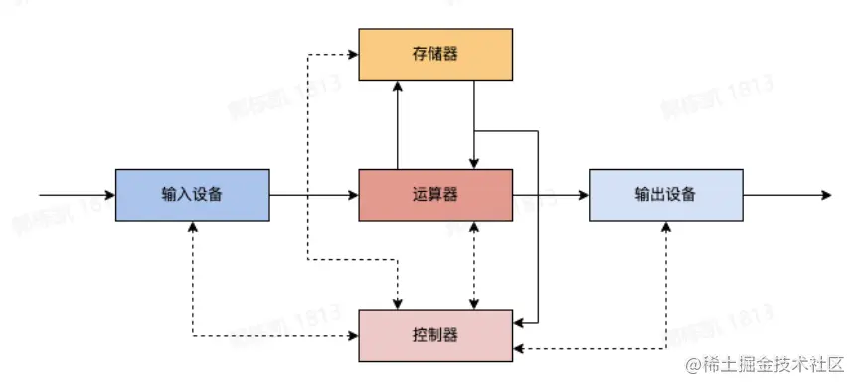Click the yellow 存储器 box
(x=434, y=54)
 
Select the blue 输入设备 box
(x=192, y=195)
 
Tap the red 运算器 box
(x=434, y=195)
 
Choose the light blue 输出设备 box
(x=665, y=195)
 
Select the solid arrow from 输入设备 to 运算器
(x=313, y=195)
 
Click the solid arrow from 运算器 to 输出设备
(x=552, y=195)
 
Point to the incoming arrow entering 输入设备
(x=76, y=195)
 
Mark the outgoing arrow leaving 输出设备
(x=785, y=195)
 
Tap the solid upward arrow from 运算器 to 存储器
(x=398, y=124)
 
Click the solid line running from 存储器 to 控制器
(x=538, y=229)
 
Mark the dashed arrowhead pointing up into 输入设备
(x=192, y=227)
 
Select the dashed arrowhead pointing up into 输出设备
(x=665, y=227)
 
